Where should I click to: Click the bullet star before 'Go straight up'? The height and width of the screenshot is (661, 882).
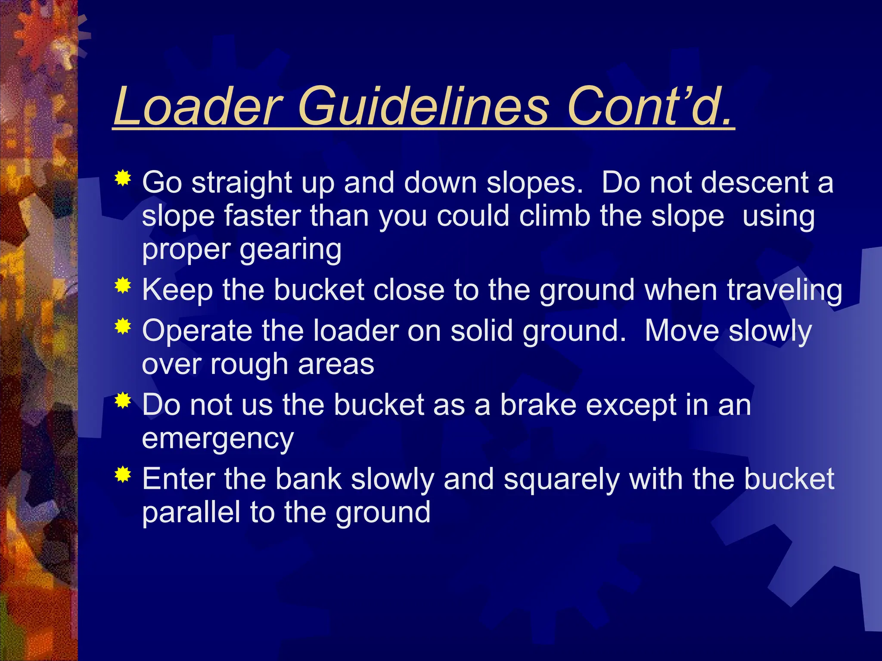click(x=123, y=178)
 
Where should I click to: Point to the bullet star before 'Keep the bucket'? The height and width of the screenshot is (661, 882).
click(x=123, y=285)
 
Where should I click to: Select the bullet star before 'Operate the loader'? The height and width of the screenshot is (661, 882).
click(x=123, y=326)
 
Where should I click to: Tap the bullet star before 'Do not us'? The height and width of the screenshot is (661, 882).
click(x=123, y=400)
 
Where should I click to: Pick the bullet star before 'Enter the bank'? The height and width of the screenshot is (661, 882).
click(x=123, y=474)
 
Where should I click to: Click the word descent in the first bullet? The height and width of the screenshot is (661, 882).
click(x=754, y=182)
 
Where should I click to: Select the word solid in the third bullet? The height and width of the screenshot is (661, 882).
click(x=481, y=331)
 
